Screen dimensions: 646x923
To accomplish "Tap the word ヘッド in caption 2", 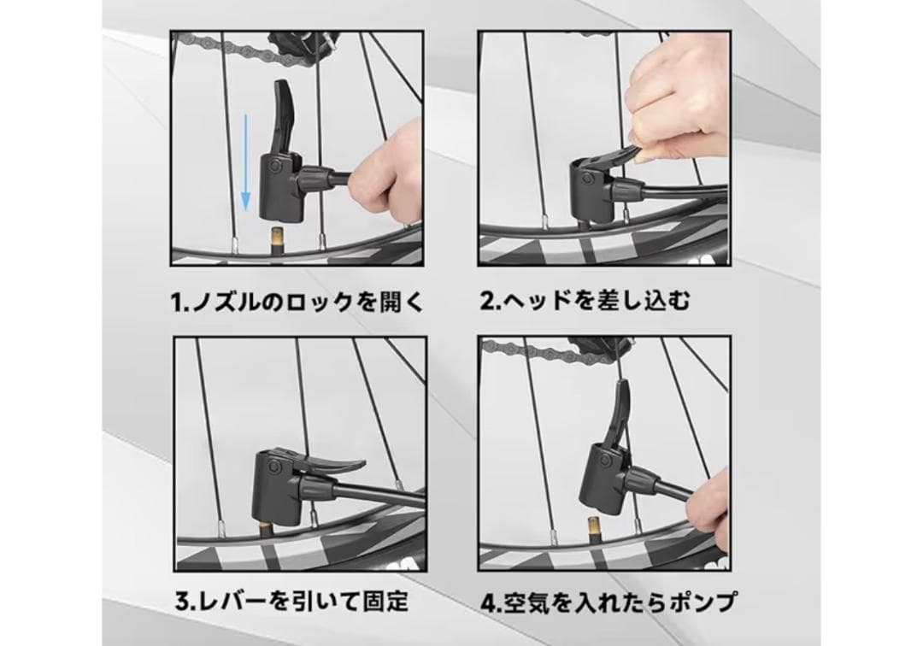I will tap(536, 301).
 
